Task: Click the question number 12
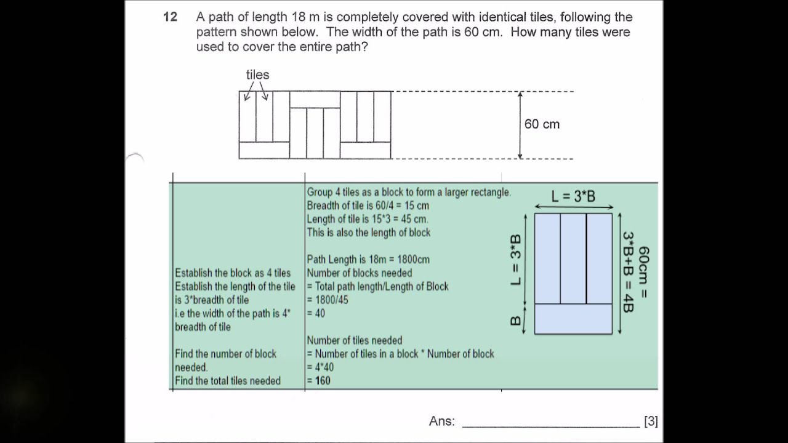(x=170, y=17)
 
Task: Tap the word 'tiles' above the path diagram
(x=257, y=75)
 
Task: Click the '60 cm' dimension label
(x=542, y=124)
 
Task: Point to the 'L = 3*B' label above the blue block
(x=573, y=196)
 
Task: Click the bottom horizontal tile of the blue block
(x=573, y=319)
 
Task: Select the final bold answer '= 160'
(x=319, y=381)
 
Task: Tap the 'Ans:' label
(x=442, y=421)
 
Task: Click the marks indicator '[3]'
(x=651, y=421)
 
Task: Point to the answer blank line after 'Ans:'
(x=551, y=425)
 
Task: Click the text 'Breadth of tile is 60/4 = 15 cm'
(x=368, y=206)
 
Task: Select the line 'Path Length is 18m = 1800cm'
(x=368, y=260)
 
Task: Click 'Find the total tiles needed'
(x=228, y=381)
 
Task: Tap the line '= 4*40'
(x=320, y=367)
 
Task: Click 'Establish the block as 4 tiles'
(x=233, y=273)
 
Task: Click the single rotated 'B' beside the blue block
(x=516, y=320)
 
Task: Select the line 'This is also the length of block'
(x=369, y=233)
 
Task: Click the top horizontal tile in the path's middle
(x=315, y=100)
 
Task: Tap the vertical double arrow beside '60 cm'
(x=520, y=125)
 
